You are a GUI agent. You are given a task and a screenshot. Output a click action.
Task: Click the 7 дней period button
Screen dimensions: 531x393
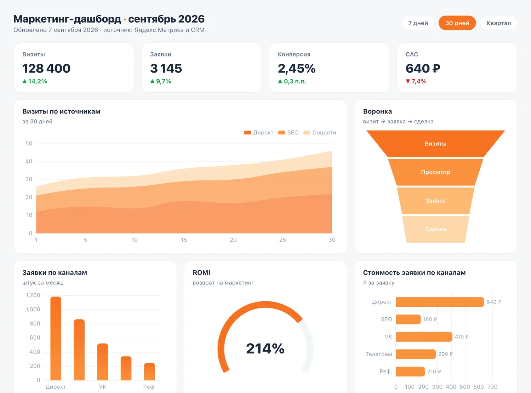coord(418,23)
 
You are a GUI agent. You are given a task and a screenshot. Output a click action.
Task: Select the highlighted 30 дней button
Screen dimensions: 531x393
coord(457,23)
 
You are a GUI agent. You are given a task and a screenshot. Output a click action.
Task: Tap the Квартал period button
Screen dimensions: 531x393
coord(498,23)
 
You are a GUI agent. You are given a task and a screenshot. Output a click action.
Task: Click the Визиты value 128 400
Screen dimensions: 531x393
coord(46,68)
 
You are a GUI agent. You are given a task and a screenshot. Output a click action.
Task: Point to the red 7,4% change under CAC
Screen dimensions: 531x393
coord(416,81)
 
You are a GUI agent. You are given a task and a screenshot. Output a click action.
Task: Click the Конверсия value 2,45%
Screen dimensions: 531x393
coord(297,68)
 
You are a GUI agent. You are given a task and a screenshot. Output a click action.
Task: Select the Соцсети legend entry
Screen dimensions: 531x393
coord(320,133)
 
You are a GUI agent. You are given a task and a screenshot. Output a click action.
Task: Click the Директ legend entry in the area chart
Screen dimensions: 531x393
coord(258,133)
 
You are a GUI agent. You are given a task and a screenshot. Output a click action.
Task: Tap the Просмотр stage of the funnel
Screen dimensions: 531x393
coord(435,172)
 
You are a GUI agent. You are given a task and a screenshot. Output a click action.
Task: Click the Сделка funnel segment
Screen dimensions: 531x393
coord(435,229)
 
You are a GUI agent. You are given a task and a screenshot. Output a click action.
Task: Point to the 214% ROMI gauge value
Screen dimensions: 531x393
coord(265,348)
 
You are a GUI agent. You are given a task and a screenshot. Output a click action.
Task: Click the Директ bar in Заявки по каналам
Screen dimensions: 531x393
coord(56,338)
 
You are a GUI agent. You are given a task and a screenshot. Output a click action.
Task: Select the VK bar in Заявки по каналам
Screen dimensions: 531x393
coord(102,362)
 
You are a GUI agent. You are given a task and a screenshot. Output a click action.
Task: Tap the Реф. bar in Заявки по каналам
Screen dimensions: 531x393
coord(149,371)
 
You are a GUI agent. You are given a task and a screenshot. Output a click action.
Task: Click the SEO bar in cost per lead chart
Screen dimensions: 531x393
coord(408,319)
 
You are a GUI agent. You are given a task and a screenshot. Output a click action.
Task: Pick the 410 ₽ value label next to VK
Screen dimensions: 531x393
coord(462,337)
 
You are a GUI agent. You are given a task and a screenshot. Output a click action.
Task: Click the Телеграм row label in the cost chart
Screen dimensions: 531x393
coord(379,354)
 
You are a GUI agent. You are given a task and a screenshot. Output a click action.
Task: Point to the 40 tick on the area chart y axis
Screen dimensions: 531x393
coord(29,161)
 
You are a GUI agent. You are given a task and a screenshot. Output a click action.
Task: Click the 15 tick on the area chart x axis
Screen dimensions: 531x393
coord(184,240)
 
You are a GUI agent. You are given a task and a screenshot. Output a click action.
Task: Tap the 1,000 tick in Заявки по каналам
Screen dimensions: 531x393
coord(33,310)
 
